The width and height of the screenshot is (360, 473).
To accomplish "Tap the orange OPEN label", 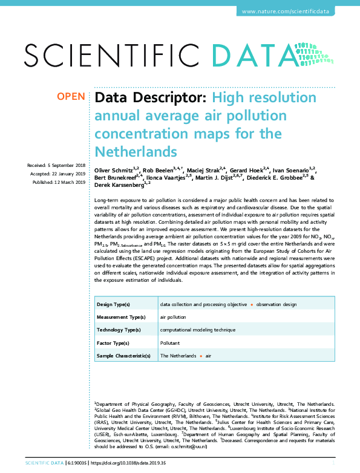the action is coord(71,97).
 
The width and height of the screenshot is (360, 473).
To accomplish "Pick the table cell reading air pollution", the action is coord(173,317).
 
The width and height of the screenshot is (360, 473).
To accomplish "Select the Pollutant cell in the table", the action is coord(169,342).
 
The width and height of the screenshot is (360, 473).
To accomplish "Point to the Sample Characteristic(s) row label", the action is coord(123,356).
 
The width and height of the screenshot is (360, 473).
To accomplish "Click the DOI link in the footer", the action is coord(128,463).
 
